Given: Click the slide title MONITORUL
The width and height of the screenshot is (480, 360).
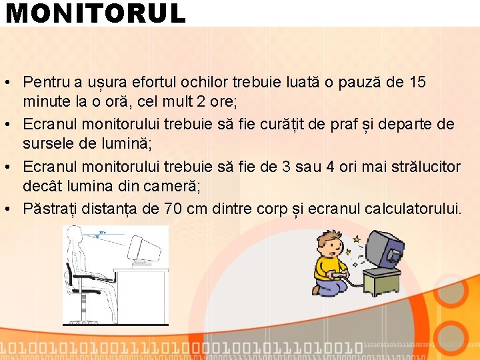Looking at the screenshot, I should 95,13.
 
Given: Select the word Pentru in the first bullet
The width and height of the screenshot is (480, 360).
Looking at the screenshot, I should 45,83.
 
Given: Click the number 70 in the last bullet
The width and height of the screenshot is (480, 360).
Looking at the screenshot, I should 172,209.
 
